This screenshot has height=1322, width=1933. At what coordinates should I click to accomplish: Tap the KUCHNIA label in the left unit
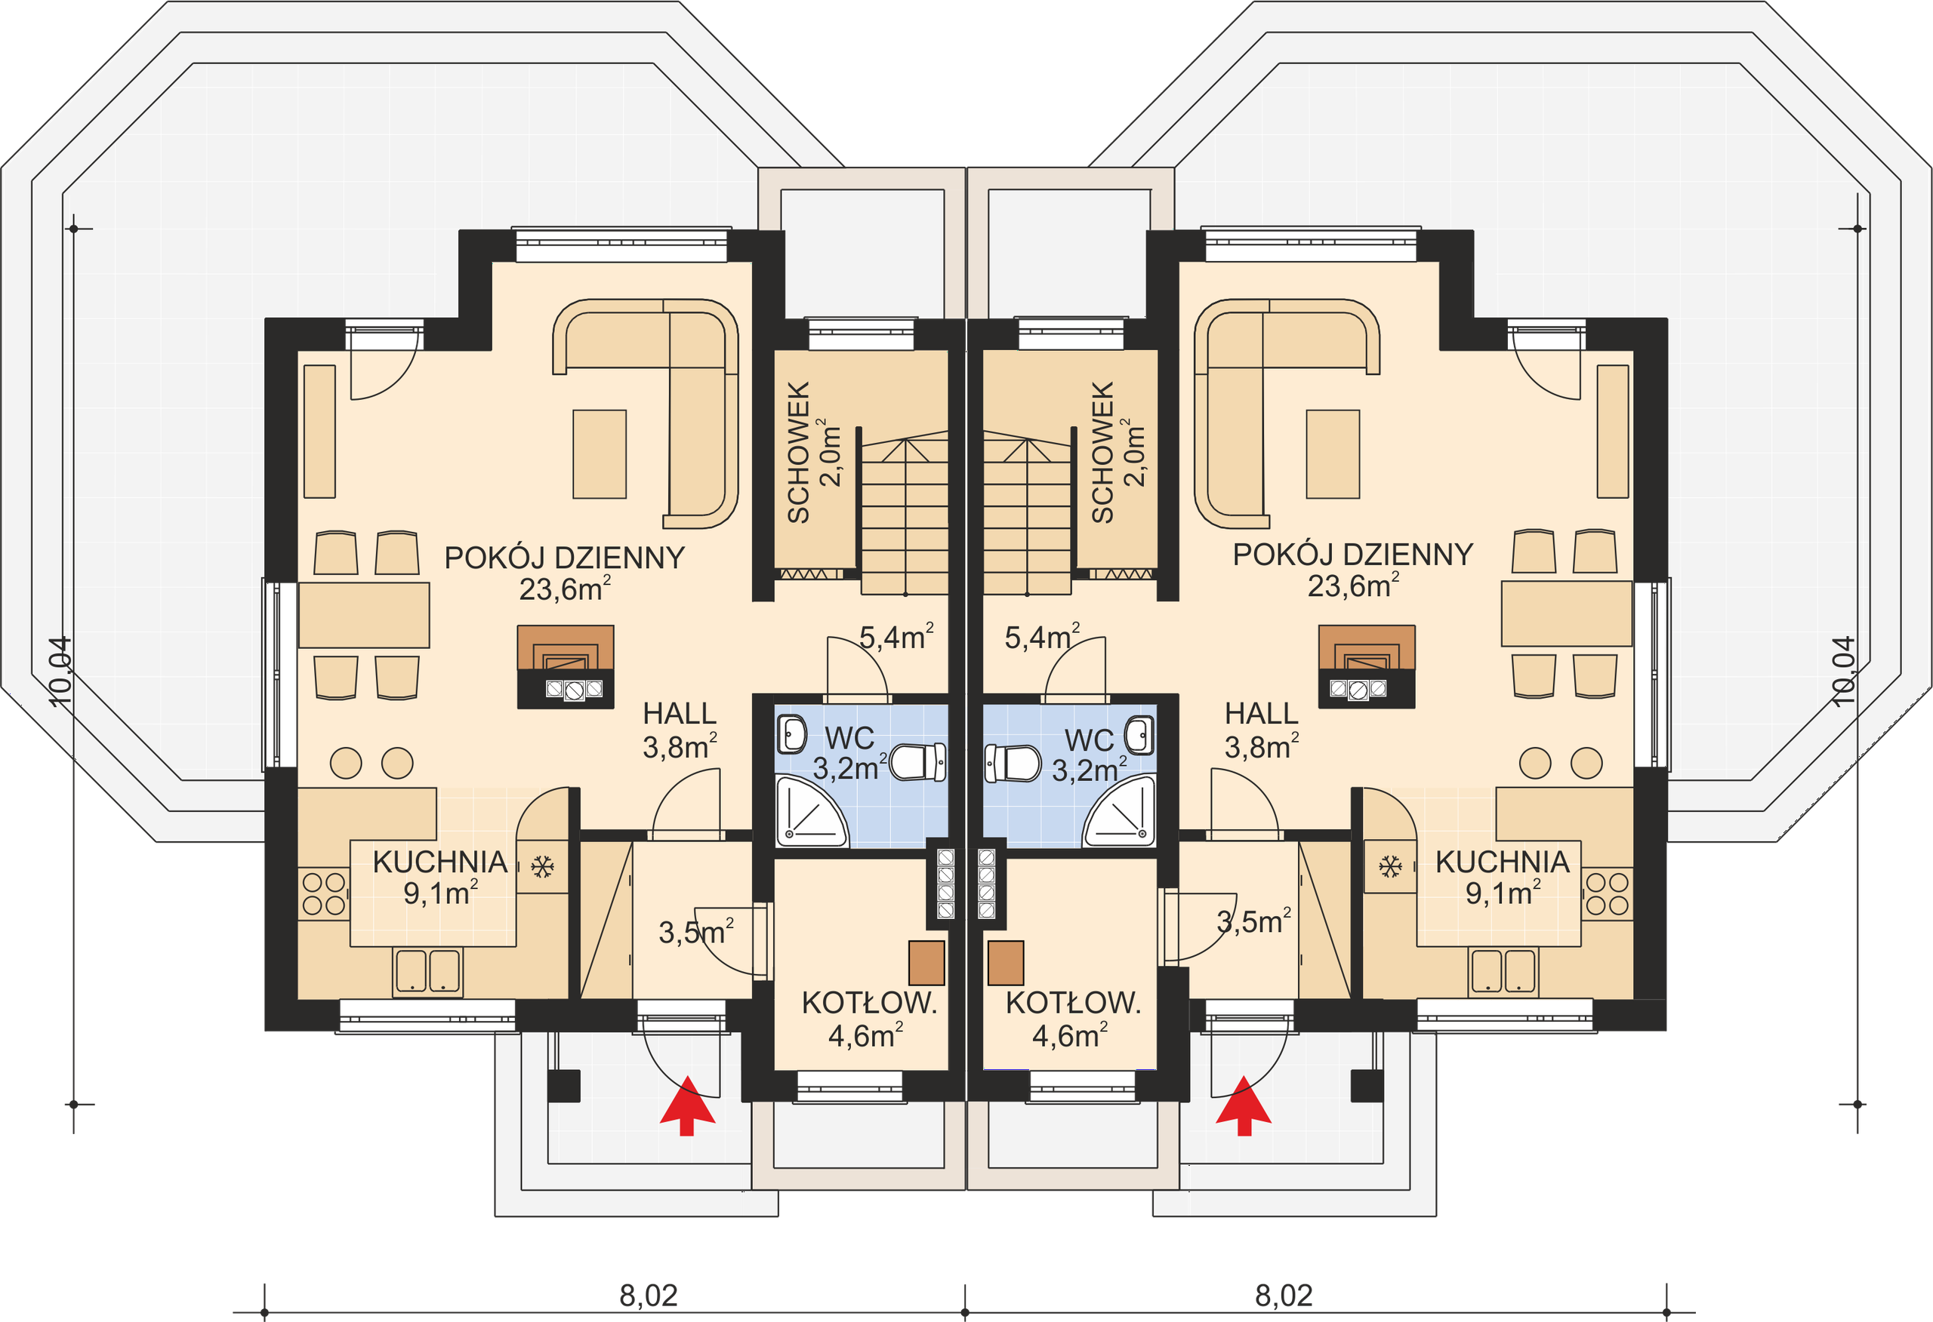point(440,862)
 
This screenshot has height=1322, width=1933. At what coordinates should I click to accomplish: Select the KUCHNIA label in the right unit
point(1502,862)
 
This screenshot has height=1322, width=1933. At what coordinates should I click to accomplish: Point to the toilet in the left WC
point(918,761)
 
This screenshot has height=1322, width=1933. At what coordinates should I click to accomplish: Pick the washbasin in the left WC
point(791,734)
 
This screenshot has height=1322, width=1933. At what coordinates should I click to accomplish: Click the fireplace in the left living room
point(566,667)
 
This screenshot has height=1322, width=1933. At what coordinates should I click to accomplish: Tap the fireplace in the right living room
point(1367,667)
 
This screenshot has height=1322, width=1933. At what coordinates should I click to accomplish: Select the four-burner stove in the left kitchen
point(324,894)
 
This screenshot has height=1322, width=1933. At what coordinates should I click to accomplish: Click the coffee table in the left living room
point(599,454)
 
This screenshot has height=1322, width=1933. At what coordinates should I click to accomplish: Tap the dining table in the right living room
point(1566,613)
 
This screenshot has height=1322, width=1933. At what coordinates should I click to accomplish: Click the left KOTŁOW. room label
point(869,1003)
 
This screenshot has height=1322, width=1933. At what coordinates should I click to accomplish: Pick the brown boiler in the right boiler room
point(1006,963)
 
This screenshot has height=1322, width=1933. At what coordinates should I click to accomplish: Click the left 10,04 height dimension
point(60,672)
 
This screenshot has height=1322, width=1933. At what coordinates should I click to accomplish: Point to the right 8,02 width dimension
point(1284,1296)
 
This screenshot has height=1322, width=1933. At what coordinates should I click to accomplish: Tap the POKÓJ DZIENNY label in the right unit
point(1352,555)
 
